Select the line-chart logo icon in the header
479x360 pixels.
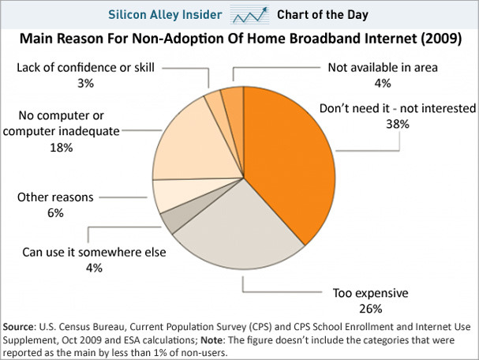coord(258,14)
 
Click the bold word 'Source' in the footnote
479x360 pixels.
coord(24,327)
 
